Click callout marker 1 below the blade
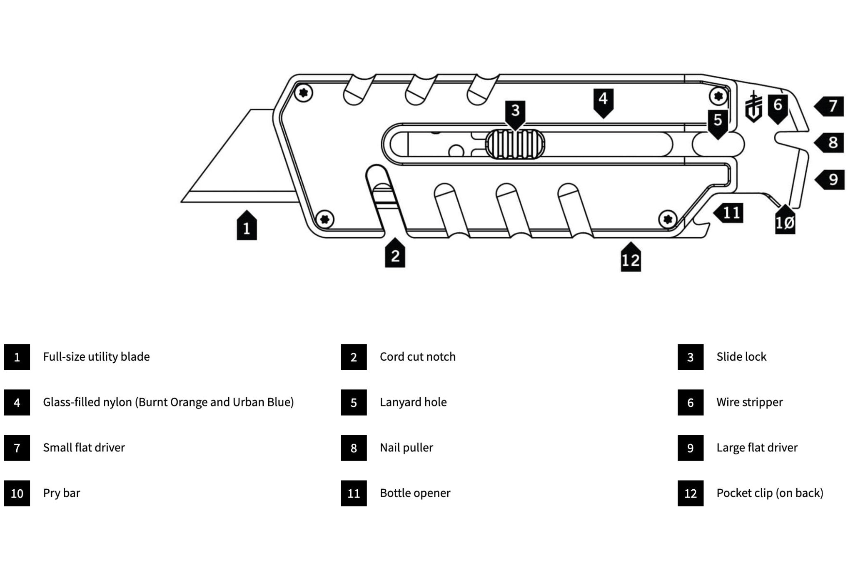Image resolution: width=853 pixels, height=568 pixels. (247, 227)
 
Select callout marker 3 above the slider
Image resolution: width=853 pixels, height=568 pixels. (515, 112)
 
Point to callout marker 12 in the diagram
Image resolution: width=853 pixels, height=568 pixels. (631, 259)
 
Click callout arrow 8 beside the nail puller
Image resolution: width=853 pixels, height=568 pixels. (830, 143)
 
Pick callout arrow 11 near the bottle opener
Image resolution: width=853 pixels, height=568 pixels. (729, 213)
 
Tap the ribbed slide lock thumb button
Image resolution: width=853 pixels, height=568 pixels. (515, 144)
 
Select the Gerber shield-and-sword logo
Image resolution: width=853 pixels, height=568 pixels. (753, 107)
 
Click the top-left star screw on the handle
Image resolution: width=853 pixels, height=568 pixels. (304, 93)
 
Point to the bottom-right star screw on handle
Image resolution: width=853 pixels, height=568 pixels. (668, 219)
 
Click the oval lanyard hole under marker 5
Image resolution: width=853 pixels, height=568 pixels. (718, 144)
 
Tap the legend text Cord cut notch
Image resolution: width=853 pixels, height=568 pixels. (417, 357)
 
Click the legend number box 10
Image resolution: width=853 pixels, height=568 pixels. (17, 493)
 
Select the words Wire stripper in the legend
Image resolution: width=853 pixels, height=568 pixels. (749, 402)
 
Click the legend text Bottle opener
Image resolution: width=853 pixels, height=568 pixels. (415, 493)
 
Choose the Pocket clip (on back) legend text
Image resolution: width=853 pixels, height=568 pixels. (770, 493)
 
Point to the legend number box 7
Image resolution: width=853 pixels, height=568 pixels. (17, 448)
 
